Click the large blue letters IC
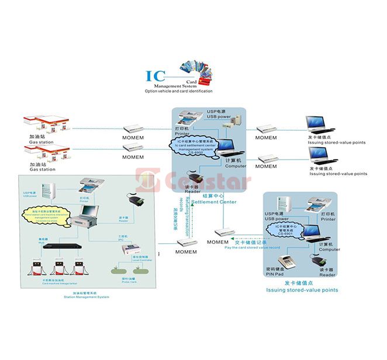coord(155,77)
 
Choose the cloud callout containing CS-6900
coord(195,146)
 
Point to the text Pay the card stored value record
coord(252,247)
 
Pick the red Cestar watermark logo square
coord(145,179)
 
